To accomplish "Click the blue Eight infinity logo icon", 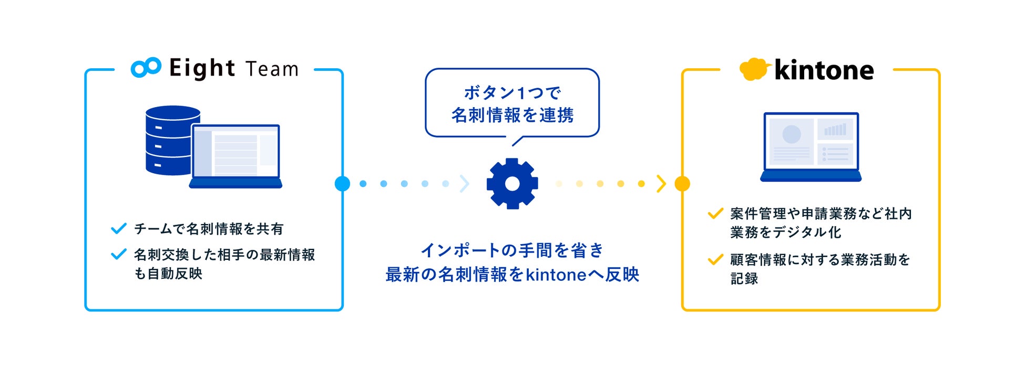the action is click(x=146, y=68).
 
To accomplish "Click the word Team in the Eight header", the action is click(x=272, y=69).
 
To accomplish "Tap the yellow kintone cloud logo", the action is click(x=754, y=69).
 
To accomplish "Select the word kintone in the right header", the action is click(x=824, y=70).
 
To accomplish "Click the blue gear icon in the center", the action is click(x=512, y=184).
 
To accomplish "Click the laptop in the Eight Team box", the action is click(x=235, y=156).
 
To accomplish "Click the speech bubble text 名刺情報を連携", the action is click(x=512, y=115).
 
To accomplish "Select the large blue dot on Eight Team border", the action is click(x=342, y=184).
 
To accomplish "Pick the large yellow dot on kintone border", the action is click(x=682, y=184).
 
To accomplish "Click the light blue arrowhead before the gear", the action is click(x=464, y=184).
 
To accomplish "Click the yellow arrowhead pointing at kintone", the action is click(x=661, y=184).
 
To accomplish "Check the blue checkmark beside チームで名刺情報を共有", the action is click(x=119, y=228).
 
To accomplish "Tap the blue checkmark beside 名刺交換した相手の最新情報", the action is click(x=119, y=255).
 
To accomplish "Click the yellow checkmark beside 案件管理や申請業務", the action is click(x=715, y=213).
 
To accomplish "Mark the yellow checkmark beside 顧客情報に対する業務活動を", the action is click(x=715, y=259).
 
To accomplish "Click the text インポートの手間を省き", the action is click(x=512, y=250).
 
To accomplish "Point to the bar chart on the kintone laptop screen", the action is click(x=835, y=130).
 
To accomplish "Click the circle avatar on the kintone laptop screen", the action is click(x=791, y=134).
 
